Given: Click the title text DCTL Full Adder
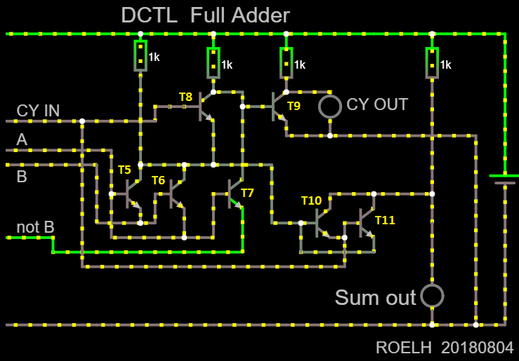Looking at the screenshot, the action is (206, 15).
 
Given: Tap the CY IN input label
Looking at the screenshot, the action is (38, 111).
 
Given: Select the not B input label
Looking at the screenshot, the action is (35, 227).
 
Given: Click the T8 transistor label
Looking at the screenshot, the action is (185, 97).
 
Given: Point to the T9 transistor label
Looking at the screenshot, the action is (294, 106).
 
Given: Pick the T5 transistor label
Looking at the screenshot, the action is (124, 170).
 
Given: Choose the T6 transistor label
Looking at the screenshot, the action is (158, 180).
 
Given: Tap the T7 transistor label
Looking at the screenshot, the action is (247, 193).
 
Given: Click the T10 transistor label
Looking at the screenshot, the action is (311, 200).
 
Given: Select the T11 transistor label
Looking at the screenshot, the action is (385, 220).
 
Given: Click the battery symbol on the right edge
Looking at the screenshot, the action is (505, 179).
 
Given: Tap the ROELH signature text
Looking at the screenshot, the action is (404, 348).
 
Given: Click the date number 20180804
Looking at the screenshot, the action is (478, 348).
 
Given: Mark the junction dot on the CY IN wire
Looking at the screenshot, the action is (82, 121).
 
